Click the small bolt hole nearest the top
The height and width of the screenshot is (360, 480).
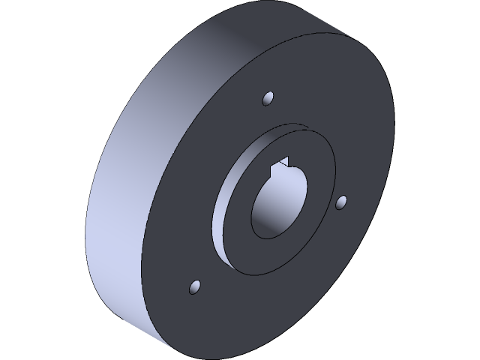[x=268, y=98]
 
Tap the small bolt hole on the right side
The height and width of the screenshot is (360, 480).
[x=341, y=202]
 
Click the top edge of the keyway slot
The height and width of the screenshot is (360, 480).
[x=285, y=158]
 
